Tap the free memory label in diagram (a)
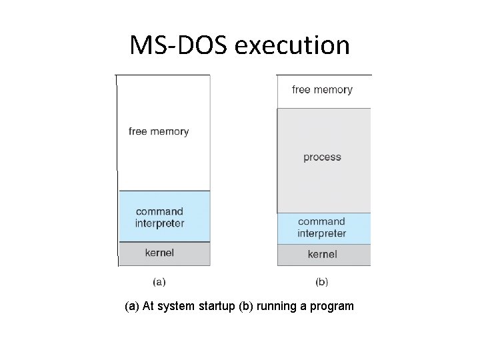pos(159,131)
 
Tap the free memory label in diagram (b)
pos(322,89)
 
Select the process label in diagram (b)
pos(322,157)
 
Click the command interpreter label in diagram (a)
pos(159,217)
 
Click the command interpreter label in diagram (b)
pos(322,227)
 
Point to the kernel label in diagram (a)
pos(159,253)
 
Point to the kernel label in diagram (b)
pos(322,254)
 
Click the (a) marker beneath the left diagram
pos(159,281)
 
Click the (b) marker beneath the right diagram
pos(322,281)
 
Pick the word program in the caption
pos(332,307)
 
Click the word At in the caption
pos(149,307)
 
